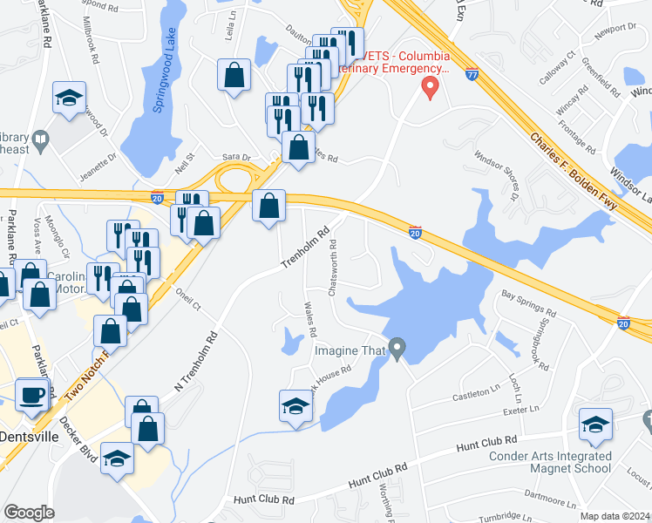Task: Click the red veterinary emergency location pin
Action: (x=429, y=86)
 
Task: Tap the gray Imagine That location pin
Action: (x=397, y=350)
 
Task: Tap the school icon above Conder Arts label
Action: (x=595, y=424)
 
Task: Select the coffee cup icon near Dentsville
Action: (x=33, y=393)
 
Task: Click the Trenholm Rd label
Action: (x=305, y=248)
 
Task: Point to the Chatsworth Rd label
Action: (x=333, y=264)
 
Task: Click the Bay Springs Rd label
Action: (x=528, y=304)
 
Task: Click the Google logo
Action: (x=29, y=513)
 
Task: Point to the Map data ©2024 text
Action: (x=615, y=516)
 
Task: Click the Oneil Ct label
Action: (x=187, y=299)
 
